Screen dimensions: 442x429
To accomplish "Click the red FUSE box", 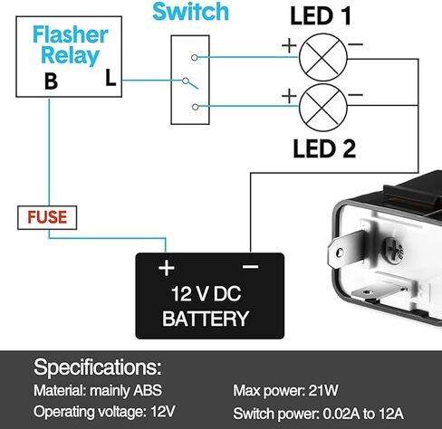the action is click(47, 217).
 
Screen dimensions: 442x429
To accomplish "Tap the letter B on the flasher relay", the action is click(51, 81).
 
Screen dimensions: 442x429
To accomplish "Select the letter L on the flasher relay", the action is click(110, 78).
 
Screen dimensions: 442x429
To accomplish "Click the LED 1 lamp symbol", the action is click(323, 57).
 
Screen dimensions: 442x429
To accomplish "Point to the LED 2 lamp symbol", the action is click(323, 108).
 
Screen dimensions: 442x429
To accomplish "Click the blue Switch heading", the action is click(190, 12).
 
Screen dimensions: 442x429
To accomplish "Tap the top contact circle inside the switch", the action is click(195, 57).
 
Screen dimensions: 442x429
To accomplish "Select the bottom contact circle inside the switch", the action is click(196, 107).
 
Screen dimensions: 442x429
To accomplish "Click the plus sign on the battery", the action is click(167, 268).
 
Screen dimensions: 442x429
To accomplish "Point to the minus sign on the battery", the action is click(251, 266).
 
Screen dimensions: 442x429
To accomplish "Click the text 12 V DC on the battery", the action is click(206, 294).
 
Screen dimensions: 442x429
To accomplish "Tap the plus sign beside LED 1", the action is click(289, 46).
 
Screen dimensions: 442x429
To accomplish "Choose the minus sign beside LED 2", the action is click(355, 95).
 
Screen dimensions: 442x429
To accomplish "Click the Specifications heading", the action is click(97, 367).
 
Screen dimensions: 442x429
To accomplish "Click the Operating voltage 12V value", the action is click(163, 411).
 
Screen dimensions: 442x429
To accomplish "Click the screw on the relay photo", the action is click(393, 251).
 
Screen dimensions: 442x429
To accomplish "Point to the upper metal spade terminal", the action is click(346, 249).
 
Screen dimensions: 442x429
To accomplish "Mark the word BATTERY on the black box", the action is click(206, 319).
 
